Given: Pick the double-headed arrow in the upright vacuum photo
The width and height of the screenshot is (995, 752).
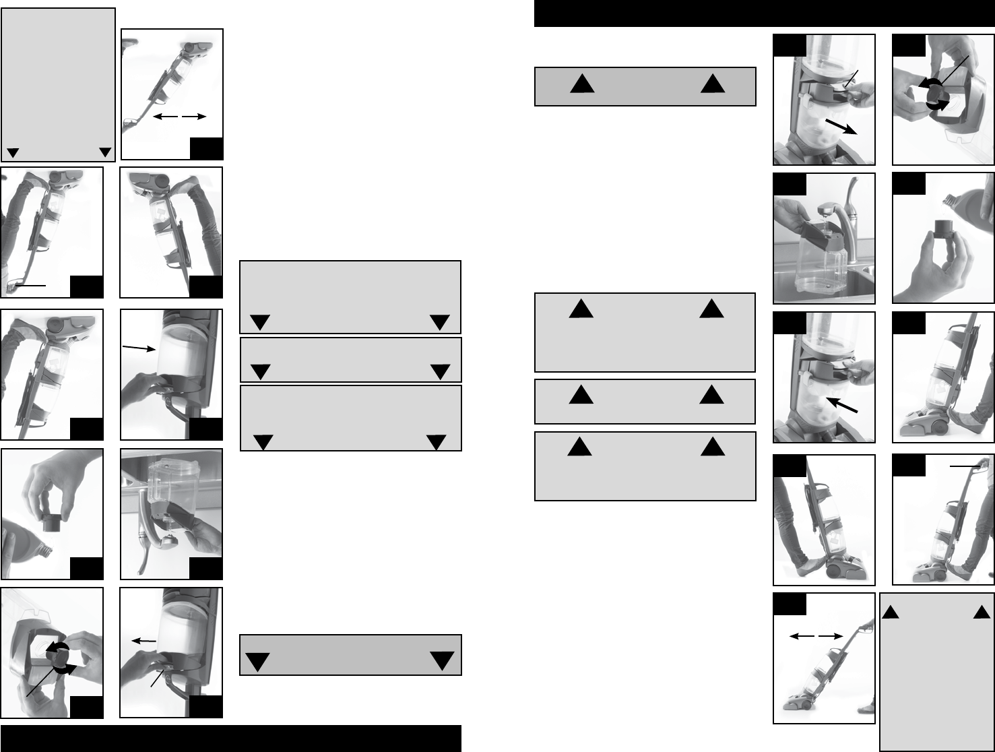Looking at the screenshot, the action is coord(816,635).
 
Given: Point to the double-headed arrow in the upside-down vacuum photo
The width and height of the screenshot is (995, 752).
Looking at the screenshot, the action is coord(179,117).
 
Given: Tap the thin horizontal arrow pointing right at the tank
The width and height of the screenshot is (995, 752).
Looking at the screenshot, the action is coord(139,348).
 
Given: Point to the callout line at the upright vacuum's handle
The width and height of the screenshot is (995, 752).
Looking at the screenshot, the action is coord(966,465).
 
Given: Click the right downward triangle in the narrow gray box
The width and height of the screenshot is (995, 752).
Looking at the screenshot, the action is coord(440,371).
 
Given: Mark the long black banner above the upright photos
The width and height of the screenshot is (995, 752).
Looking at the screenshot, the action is coord(764,13).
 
